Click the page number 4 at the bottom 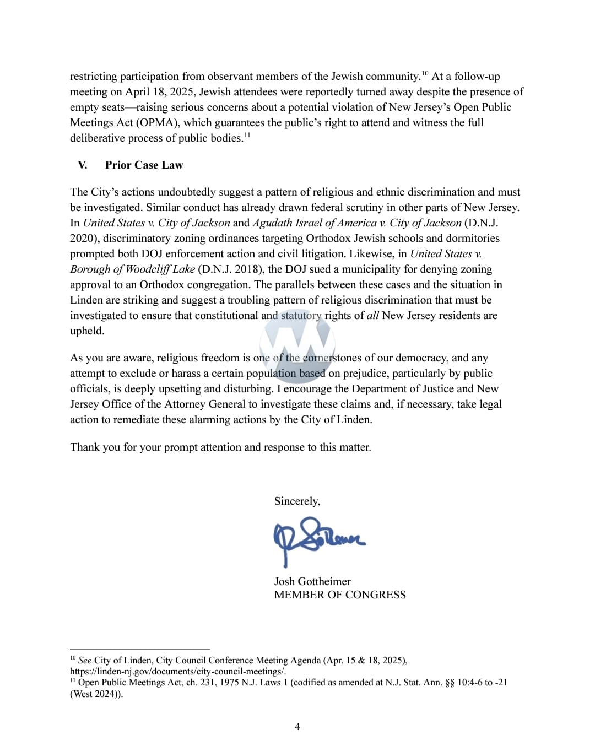(297, 726)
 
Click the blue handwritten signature (318, 537)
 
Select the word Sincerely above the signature (296, 501)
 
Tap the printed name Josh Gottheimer (312, 581)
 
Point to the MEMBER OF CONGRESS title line (340, 595)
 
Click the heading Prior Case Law (144, 165)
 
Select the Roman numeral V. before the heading (83, 165)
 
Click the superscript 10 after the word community (425, 73)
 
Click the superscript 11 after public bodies (247, 135)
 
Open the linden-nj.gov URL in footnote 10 (177, 671)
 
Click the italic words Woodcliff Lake (160, 269)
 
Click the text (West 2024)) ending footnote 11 (96, 694)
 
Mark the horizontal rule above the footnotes (140, 649)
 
